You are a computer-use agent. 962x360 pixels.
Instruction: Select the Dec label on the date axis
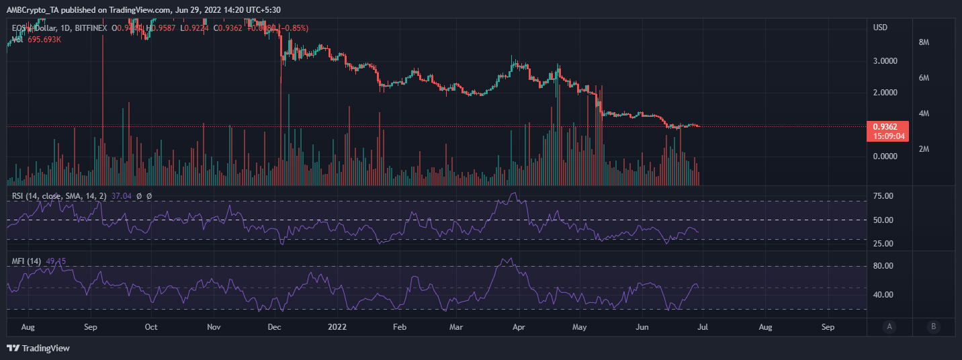[x=274, y=327]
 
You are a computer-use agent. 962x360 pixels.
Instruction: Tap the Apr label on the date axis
[x=518, y=327]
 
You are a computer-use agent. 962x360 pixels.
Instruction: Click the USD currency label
[x=880, y=27]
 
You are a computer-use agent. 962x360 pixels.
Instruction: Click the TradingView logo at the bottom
[x=38, y=348]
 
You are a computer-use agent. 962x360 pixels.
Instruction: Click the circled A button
[x=889, y=327]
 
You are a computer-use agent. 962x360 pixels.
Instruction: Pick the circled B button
[x=932, y=327]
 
